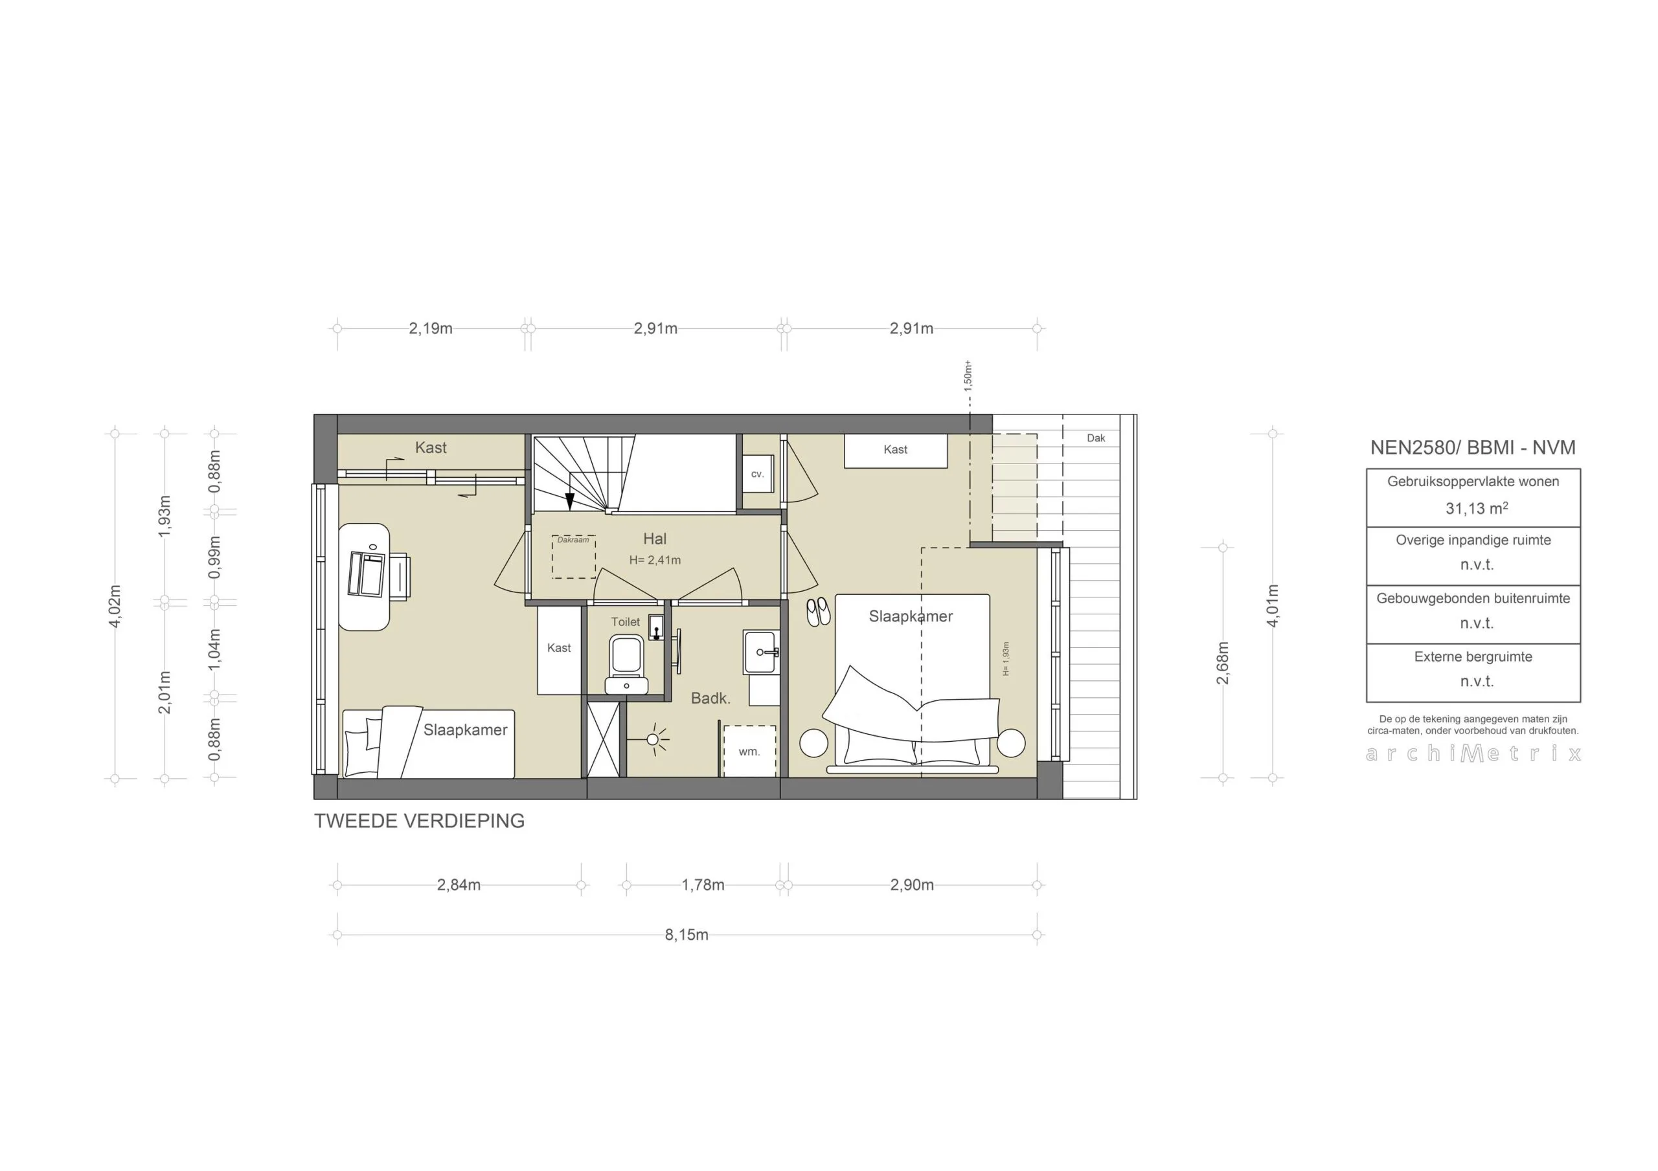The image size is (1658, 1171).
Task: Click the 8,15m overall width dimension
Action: [x=686, y=935]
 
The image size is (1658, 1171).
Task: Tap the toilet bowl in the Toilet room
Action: [x=626, y=656]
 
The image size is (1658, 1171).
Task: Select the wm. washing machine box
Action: [x=749, y=751]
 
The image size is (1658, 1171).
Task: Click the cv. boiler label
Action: [x=757, y=474]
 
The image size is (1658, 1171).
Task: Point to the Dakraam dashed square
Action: [x=573, y=557]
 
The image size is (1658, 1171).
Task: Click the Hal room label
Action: [x=654, y=539]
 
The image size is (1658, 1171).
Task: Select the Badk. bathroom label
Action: [x=710, y=698]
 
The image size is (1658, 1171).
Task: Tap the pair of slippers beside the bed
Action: [x=818, y=612]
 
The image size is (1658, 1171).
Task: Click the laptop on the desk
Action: [x=366, y=574]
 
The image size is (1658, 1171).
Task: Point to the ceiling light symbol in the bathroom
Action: [x=653, y=739]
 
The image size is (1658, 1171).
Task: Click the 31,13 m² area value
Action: [x=1476, y=508]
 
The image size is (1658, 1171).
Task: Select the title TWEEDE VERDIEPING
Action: [x=419, y=821]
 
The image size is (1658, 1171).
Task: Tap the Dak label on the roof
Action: [x=1095, y=438]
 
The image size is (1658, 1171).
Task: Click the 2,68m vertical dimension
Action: [x=1223, y=662]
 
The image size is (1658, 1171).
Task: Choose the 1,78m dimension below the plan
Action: [x=703, y=885]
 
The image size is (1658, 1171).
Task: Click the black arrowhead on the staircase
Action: [x=569, y=502]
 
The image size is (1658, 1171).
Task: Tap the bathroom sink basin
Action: [x=761, y=652]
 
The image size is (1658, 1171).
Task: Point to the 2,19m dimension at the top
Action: [x=431, y=328]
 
